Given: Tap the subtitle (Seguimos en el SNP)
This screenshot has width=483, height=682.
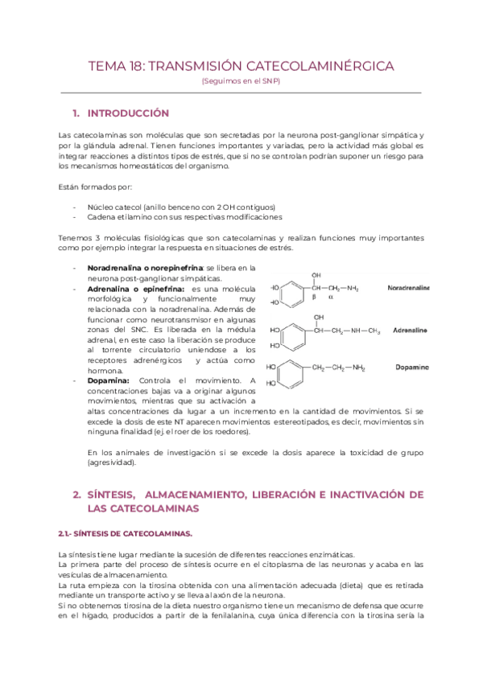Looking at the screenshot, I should tap(241, 82).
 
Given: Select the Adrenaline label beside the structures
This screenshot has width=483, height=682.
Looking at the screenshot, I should tap(411, 330).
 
